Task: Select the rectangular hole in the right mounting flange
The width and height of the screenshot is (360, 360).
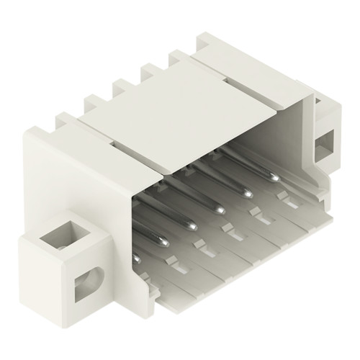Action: [327, 138]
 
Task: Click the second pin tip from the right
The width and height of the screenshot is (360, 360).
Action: [248, 193]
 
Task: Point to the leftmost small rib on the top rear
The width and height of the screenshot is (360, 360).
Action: [94, 104]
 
